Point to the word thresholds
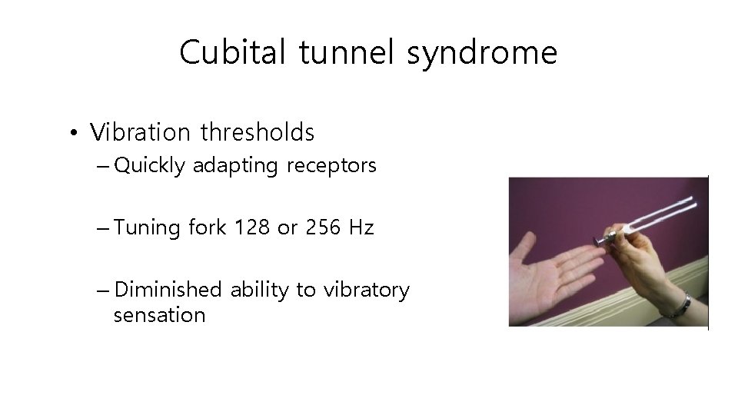click(258, 132)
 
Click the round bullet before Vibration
click(71, 134)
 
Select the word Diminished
click(168, 290)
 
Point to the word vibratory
click(366, 290)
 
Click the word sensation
click(159, 315)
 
